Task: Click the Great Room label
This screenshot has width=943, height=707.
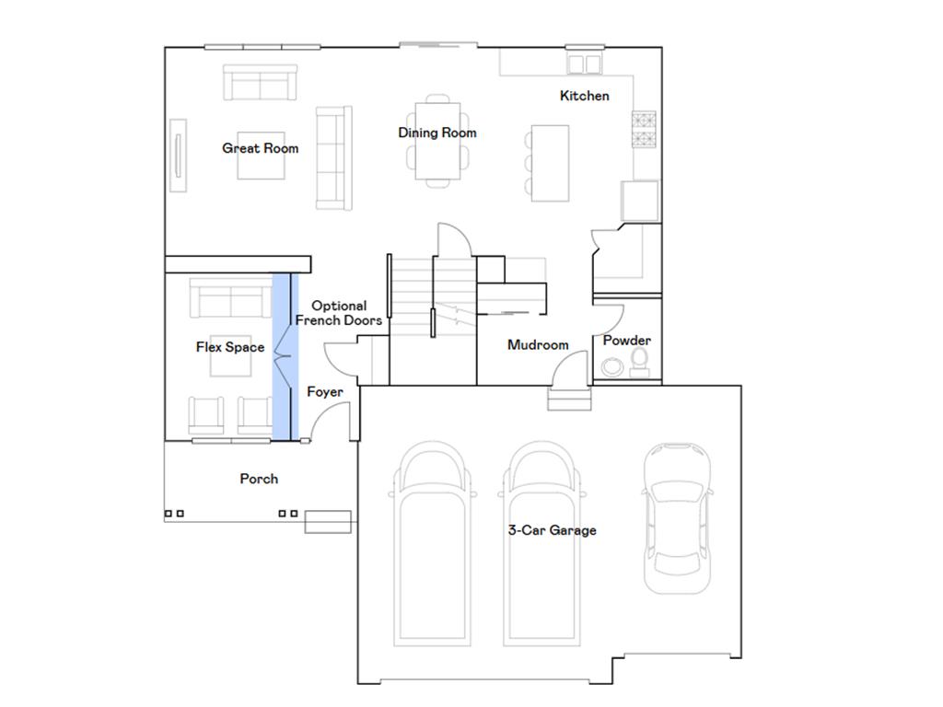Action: pyautogui.click(x=260, y=148)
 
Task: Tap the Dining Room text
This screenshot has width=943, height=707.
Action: pyautogui.click(x=437, y=133)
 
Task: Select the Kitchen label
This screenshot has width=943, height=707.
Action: pyautogui.click(x=584, y=96)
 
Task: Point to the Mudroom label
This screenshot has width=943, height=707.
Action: pyautogui.click(x=538, y=345)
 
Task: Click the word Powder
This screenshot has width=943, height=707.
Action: pyautogui.click(x=626, y=341)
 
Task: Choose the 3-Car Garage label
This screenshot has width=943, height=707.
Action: pyautogui.click(x=552, y=530)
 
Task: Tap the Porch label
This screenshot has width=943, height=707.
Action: pyautogui.click(x=259, y=479)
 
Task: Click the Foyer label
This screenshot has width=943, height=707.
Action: pyautogui.click(x=324, y=392)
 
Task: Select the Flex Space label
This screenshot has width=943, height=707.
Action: pyautogui.click(x=229, y=347)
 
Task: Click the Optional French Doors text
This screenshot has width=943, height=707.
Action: pyautogui.click(x=338, y=313)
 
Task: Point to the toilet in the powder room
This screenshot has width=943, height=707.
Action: pyautogui.click(x=639, y=360)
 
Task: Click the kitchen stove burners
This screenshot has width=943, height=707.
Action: pyautogui.click(x=644, y=130)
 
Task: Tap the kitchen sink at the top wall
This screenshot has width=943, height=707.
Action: pyautogui.click(x=583, y=63)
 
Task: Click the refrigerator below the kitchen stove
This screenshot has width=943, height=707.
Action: pyautogui.click(x=640, y=201)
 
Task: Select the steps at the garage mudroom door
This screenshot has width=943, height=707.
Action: pyautogui.click(x=567, y=400)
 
